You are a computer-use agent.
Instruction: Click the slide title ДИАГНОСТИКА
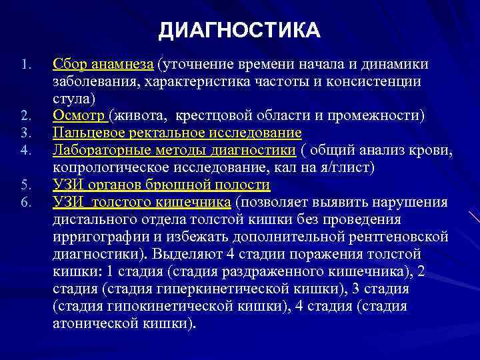240,31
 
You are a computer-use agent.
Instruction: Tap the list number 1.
25,65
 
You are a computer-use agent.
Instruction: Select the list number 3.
25,133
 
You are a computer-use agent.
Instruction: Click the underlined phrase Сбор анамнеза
103,64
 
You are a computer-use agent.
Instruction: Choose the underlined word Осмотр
80,115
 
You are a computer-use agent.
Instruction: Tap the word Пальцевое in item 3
85,133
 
